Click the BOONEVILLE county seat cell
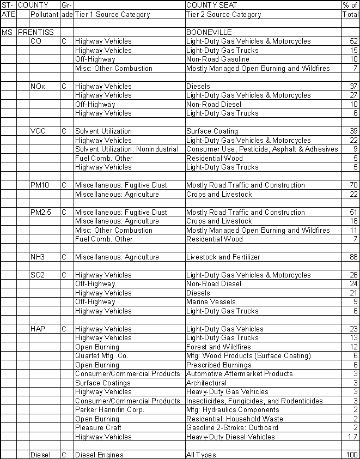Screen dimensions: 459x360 [209, 32]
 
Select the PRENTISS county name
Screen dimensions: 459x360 [36, 32]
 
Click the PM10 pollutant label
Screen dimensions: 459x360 [40, 185]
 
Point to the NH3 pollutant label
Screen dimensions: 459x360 [39, 257]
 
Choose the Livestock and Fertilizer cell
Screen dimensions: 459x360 [223, 257]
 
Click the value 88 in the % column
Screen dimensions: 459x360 [353, 257]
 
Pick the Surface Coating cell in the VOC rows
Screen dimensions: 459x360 [212, 131]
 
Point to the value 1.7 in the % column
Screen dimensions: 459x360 [352, 437]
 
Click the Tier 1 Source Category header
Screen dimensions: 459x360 [112, 15]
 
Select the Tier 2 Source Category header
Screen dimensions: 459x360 [223, 15]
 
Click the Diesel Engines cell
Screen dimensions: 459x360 [99, 455]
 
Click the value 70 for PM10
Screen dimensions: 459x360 [353, 185]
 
